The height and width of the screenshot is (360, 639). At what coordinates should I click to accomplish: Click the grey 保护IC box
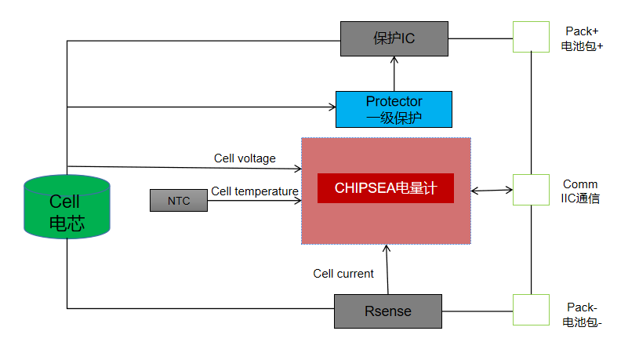click(394, 38)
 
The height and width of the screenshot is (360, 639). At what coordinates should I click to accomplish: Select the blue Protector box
click(394, 109)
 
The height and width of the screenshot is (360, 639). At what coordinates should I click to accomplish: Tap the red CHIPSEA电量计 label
click(385, 188)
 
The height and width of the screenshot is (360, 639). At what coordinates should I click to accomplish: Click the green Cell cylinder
click(67, 208)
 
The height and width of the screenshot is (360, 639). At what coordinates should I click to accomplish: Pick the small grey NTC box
click(179, 201)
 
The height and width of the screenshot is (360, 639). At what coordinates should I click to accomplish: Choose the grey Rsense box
click(388, 311)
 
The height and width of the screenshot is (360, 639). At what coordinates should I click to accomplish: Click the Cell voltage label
click(245, 158)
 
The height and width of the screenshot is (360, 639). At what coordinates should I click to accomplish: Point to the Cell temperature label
click(254, 191)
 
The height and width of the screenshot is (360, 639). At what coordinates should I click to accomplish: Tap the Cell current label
click(343, 274)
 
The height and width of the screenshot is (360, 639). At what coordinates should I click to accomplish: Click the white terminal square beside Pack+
click(531, 36)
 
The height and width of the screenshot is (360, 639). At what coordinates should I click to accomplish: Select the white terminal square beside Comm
click(531, 190)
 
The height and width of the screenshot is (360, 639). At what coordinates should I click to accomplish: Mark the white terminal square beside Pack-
click(531, 310)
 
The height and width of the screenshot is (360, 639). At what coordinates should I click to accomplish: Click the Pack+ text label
click(582, 31)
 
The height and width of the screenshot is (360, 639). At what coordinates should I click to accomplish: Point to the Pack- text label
click(582, 307)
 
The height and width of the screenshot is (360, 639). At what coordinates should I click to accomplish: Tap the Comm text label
click(580, 184)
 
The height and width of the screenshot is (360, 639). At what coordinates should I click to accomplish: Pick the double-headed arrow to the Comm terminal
click(492, 190)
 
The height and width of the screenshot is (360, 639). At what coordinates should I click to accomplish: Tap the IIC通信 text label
click(580, 199)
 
